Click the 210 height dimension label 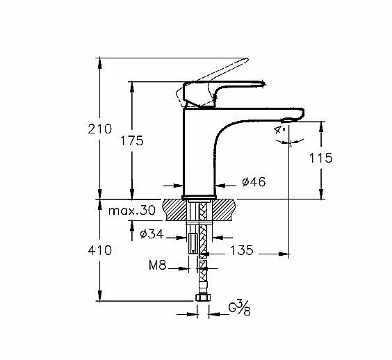[x=100, y=129]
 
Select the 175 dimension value [x=132, y=140]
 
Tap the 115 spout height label [x=321, y=158]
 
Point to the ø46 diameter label [x=254, y=182]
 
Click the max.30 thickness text [x=132, y=211]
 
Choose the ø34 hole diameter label [x=152, y=234]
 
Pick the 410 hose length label [x=100, y=250]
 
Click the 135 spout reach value [x=241, y=250]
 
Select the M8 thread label [x=158, y=265]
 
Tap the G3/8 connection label [x=240, y=309]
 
